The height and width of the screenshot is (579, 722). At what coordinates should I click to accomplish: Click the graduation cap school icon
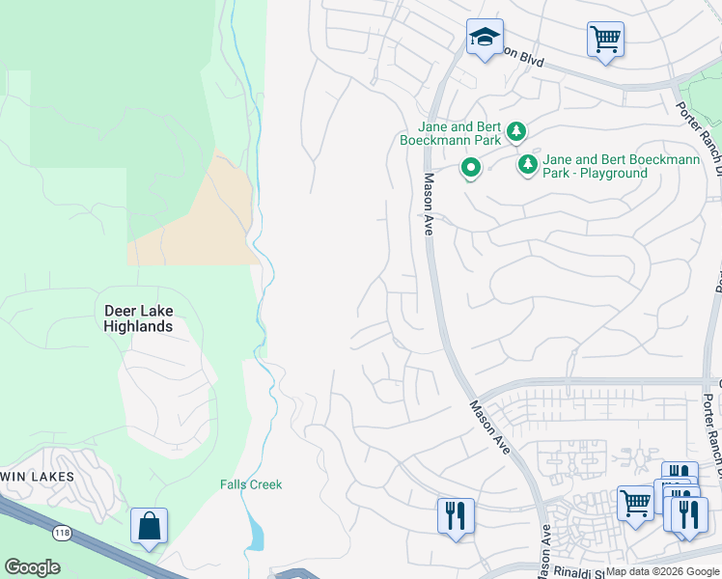(x=484, y=38)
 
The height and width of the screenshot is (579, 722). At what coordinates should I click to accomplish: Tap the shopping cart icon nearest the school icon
(x=605, y=40)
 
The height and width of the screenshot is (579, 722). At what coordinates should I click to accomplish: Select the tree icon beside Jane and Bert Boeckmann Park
(x=516, y=130)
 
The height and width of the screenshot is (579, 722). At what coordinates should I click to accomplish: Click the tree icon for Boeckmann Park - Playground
(x=528, y=165)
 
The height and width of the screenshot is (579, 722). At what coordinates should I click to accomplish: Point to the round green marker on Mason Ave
(x=470, y=169)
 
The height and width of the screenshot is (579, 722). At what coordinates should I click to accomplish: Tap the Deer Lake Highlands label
(x=138, y=318)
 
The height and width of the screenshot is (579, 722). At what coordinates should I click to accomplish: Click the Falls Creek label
(x=251, y=484)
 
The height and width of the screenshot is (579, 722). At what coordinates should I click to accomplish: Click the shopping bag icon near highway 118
(x=149, y=526)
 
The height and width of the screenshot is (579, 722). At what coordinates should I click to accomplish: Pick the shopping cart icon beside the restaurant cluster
(x=635, y=503)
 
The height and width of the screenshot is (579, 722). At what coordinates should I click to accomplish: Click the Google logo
(x=32, y=567)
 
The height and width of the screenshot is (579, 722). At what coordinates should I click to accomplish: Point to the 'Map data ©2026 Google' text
(x=662, y=571)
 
